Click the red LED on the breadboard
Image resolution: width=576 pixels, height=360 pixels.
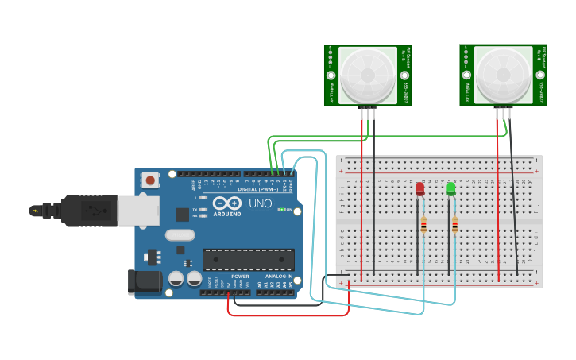click(419, 189)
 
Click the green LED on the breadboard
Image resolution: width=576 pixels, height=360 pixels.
click(451, 189)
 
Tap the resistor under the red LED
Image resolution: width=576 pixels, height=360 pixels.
click(423, 226)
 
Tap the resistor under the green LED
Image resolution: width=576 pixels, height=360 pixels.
click(454, 226)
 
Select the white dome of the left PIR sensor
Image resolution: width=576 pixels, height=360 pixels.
click(367, 73)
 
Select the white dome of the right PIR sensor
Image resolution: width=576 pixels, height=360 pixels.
click(503, 73)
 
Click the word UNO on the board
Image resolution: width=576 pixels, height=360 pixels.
click(261, 204)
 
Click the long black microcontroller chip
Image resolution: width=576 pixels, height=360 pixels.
click(248, 260)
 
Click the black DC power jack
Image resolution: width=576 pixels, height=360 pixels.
click(145, 282)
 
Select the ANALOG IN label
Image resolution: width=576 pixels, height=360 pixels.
click(279, 276)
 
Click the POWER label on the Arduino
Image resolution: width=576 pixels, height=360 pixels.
click(240, 276)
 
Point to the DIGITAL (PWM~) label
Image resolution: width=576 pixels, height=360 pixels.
click(259, 188)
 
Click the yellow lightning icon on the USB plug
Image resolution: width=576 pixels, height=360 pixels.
click(34, 211)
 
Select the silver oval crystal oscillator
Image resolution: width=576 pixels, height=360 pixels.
click(180, 235)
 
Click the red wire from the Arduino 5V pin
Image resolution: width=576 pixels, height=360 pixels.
click(286, 315)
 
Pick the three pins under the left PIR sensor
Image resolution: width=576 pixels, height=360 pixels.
click(368, 114)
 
